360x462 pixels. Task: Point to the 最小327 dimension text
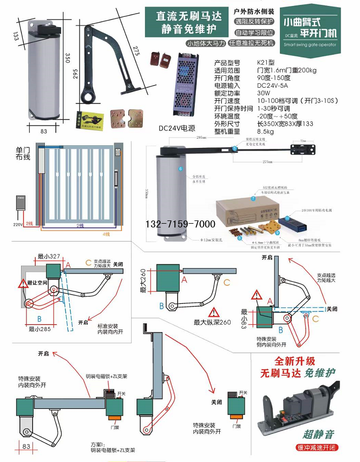pyautogui.click(x=49, y=256)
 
